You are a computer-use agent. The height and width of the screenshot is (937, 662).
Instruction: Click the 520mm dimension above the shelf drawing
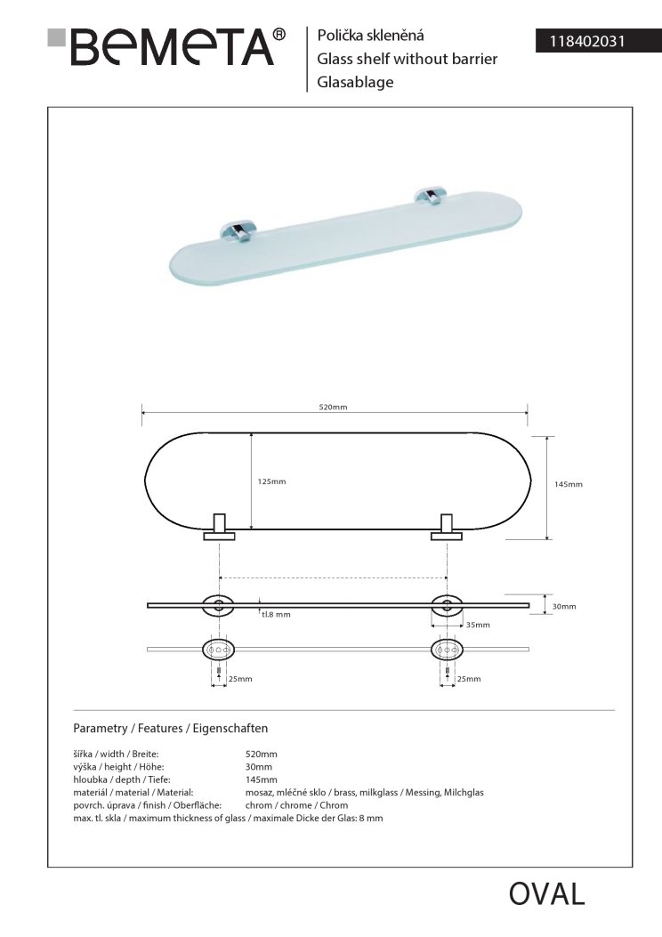pyautogui.click(x=333, y=407)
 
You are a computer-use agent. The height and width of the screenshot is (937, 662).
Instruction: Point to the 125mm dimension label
pyautogui.click(x=271, y=481)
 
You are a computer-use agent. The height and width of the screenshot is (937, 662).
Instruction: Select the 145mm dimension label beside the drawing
pyautogui.click(x=568, y=485)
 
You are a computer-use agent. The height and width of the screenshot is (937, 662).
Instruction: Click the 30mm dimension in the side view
pyautogui.click(x=564, y=606)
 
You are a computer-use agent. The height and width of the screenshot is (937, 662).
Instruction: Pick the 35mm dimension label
pyautogui.click(x=478, y=626)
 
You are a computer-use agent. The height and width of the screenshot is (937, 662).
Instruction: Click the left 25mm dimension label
pyautogui.click(x=240, y=679)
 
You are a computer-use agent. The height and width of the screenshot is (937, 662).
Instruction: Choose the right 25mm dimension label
pyautogui.click(x=468, y=679)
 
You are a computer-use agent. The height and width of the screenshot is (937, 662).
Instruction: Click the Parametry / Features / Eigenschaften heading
pyautogui.click(x=170, y=727)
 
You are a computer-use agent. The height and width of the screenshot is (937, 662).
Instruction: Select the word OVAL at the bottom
pyautogui.click(x=546, y=894)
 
